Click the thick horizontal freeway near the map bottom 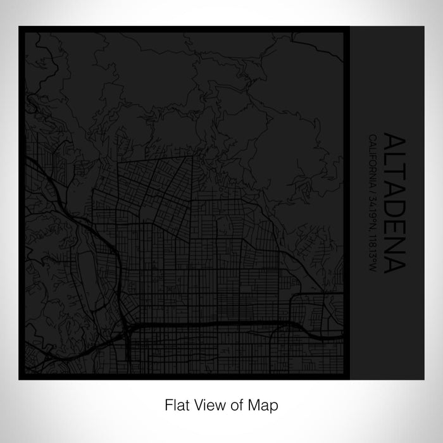[209, 325]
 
